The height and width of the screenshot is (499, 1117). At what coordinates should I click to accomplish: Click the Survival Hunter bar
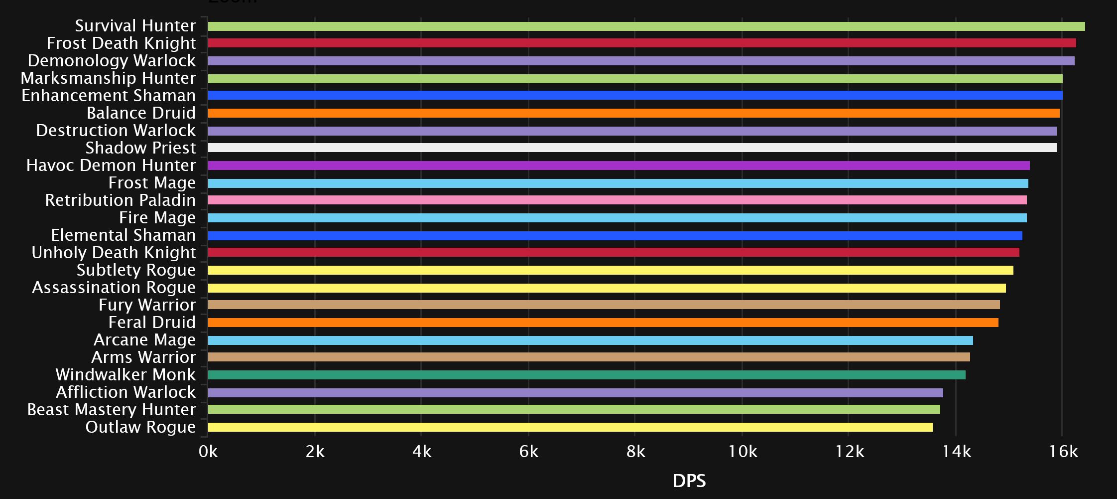point(646,26)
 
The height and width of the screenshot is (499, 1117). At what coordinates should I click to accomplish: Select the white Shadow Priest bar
point(632,148)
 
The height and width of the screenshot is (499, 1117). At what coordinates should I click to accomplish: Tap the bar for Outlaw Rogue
point(570,427)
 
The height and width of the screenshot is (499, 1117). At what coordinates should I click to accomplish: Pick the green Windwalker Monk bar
point(586,375)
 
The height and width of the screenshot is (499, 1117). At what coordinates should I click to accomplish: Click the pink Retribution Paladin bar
point(617,200)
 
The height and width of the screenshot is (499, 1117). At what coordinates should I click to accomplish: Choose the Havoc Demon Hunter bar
point(619,166)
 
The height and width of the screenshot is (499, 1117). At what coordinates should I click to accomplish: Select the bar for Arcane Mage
point(590,340)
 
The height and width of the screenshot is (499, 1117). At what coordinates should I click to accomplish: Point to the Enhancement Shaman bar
point(635,95)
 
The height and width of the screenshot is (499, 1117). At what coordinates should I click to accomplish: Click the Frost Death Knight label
point(121,43)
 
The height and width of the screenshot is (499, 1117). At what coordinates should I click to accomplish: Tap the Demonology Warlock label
point(112,61)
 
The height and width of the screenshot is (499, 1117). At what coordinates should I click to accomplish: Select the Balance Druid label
point(141,113)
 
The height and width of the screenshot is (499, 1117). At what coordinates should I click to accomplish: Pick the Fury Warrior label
point(147,305)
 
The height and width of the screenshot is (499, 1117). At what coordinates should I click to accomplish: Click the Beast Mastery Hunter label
point(111,410)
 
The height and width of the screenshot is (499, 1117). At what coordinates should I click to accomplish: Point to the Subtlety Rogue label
point(136,270)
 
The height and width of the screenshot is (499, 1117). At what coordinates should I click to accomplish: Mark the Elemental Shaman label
point(123,235)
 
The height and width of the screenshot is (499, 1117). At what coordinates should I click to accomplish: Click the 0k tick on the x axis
point(208,452)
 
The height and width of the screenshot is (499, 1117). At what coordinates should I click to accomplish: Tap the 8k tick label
point(635,452)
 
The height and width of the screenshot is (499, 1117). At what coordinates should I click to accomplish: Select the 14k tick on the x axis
point(956,452)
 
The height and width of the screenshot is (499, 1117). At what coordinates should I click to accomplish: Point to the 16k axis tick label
point(1063,452)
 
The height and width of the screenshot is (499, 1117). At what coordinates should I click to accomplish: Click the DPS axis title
point(689,481)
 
